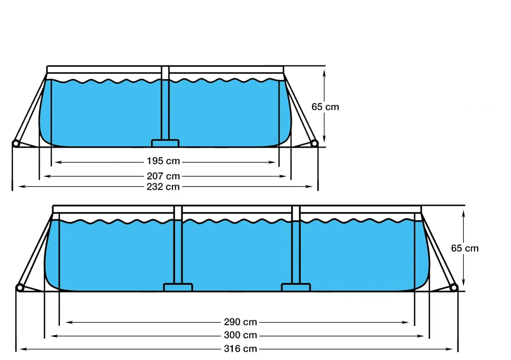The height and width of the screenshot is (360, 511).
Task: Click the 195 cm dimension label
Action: pos(163,161)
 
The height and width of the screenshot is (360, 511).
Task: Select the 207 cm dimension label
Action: pos(163,176)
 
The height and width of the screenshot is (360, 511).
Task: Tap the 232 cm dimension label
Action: pos(163,187)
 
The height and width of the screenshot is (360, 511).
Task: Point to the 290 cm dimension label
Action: pos(240,322)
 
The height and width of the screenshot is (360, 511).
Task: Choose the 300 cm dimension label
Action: pos(240,335)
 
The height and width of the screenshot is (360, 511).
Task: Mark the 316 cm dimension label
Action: pos(240,349)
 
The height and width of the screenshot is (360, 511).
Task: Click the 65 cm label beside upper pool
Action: pos(325,107)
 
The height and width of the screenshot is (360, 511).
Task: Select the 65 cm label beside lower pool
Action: pos(465,248)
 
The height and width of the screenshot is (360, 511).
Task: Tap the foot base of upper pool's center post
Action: pos(165,143)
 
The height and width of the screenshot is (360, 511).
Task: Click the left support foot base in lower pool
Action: pos(178,287)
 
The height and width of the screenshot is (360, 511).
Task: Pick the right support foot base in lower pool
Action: pos(296,287)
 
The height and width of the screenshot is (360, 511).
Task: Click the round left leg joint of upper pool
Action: pos(16,143)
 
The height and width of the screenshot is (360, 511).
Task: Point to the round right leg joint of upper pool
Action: pos(314,143)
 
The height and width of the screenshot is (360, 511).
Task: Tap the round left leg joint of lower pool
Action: pos(20,288)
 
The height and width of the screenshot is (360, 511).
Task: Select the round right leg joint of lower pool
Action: pos(454,288)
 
